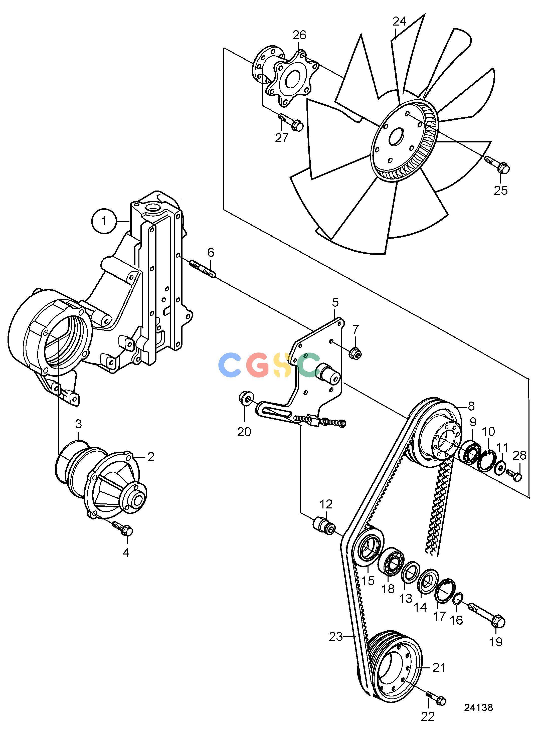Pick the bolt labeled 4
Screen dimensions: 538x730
tap(122, 528)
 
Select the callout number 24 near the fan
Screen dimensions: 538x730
tap(399, 22)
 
